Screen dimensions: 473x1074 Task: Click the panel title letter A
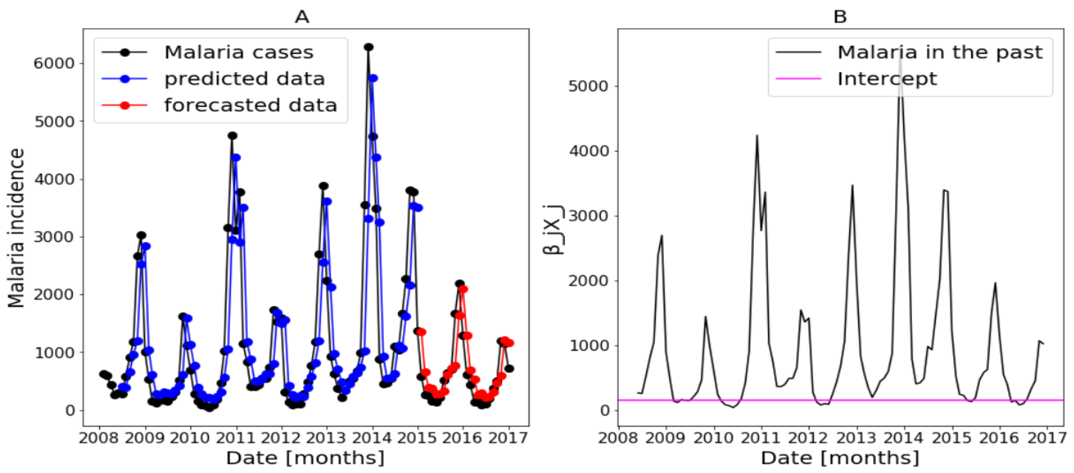coord(301,17)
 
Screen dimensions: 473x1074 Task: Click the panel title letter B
coord(840,17)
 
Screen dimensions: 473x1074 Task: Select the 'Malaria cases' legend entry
coord(238,53)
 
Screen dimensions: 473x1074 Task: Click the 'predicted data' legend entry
coord(244,79)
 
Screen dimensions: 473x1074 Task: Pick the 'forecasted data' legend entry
coord(250,105)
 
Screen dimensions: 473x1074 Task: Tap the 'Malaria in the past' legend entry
coord(940,53)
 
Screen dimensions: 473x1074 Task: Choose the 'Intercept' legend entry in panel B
coord(887,79)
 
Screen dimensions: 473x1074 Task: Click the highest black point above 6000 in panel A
coord(368,47)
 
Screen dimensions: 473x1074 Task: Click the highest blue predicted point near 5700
coord(373,78)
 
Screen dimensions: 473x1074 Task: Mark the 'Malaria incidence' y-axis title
coord(17,228)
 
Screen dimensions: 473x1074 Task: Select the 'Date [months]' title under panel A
coord(305,458)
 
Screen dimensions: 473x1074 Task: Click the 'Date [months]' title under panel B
coord(840,458)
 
